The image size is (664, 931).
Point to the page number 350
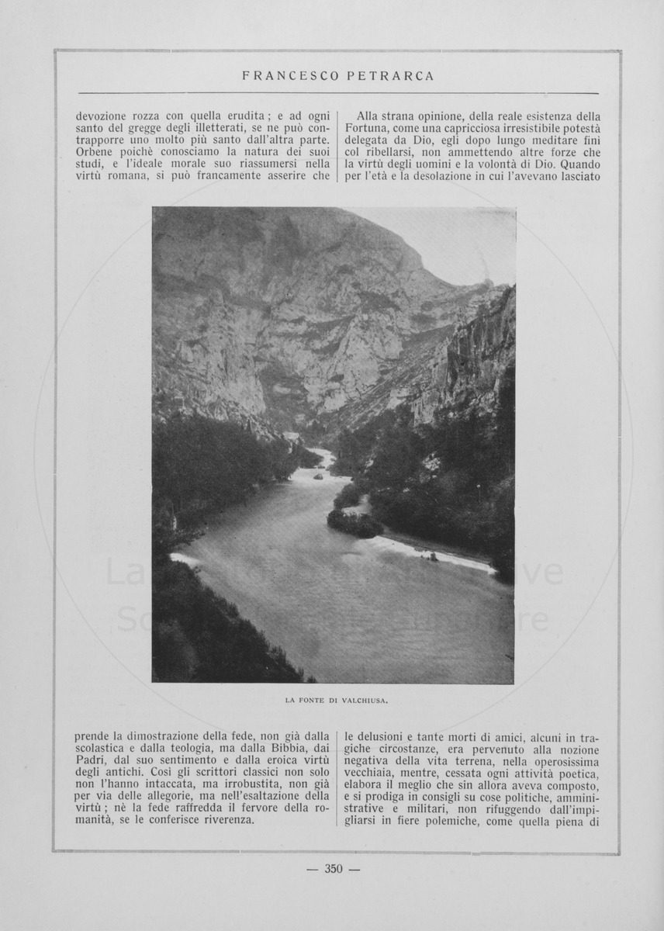click(x=334, y=869)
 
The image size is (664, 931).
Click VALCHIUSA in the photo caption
click(x=364, y=701)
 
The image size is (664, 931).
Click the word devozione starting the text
click(x=102, y=116)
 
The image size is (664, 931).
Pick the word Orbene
click(x=94, y=153)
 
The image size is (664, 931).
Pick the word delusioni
click(x=379, y=737)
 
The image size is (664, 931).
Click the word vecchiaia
click(x=372, y=773)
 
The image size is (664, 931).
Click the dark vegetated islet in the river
click(x=354, y=523)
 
